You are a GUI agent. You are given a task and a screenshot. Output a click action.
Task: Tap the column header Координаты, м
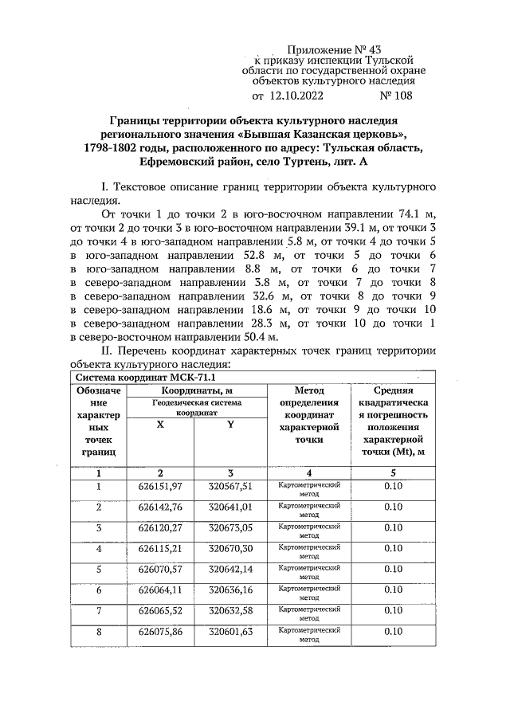point(196,390)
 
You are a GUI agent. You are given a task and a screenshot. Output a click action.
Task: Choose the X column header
point(160,424)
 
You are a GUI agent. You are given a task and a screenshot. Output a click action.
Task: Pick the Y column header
point(230,424)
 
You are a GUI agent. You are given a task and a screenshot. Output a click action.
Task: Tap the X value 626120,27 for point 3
point(160,528)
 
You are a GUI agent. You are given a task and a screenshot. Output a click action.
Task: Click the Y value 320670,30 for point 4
point(230,549)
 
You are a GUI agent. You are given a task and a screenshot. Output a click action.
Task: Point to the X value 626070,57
point(160,570)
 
